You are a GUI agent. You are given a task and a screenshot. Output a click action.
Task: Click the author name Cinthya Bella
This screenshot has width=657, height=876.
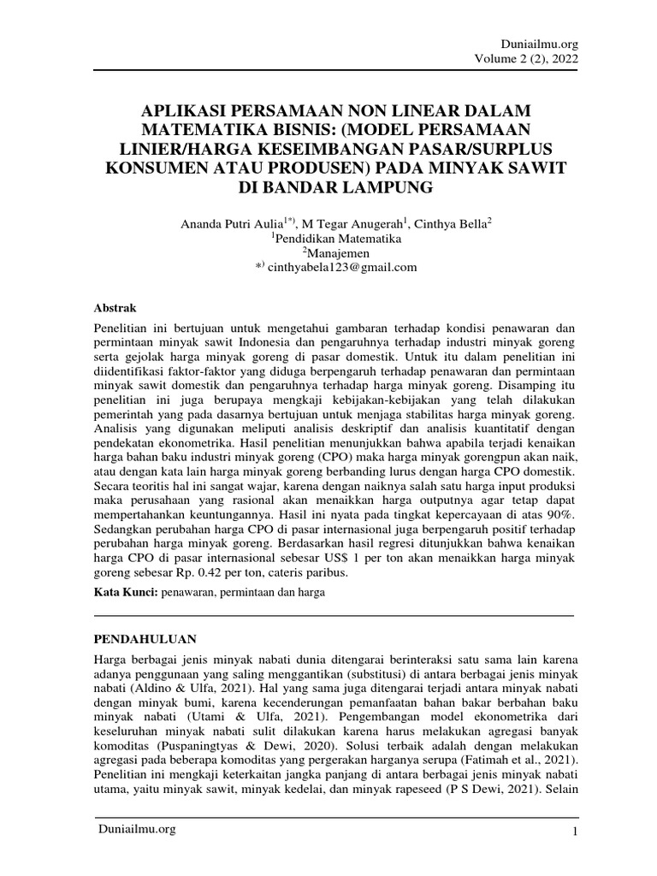coord(447,224)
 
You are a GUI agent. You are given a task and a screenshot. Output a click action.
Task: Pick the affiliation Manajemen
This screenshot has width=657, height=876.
coord(333,253)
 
